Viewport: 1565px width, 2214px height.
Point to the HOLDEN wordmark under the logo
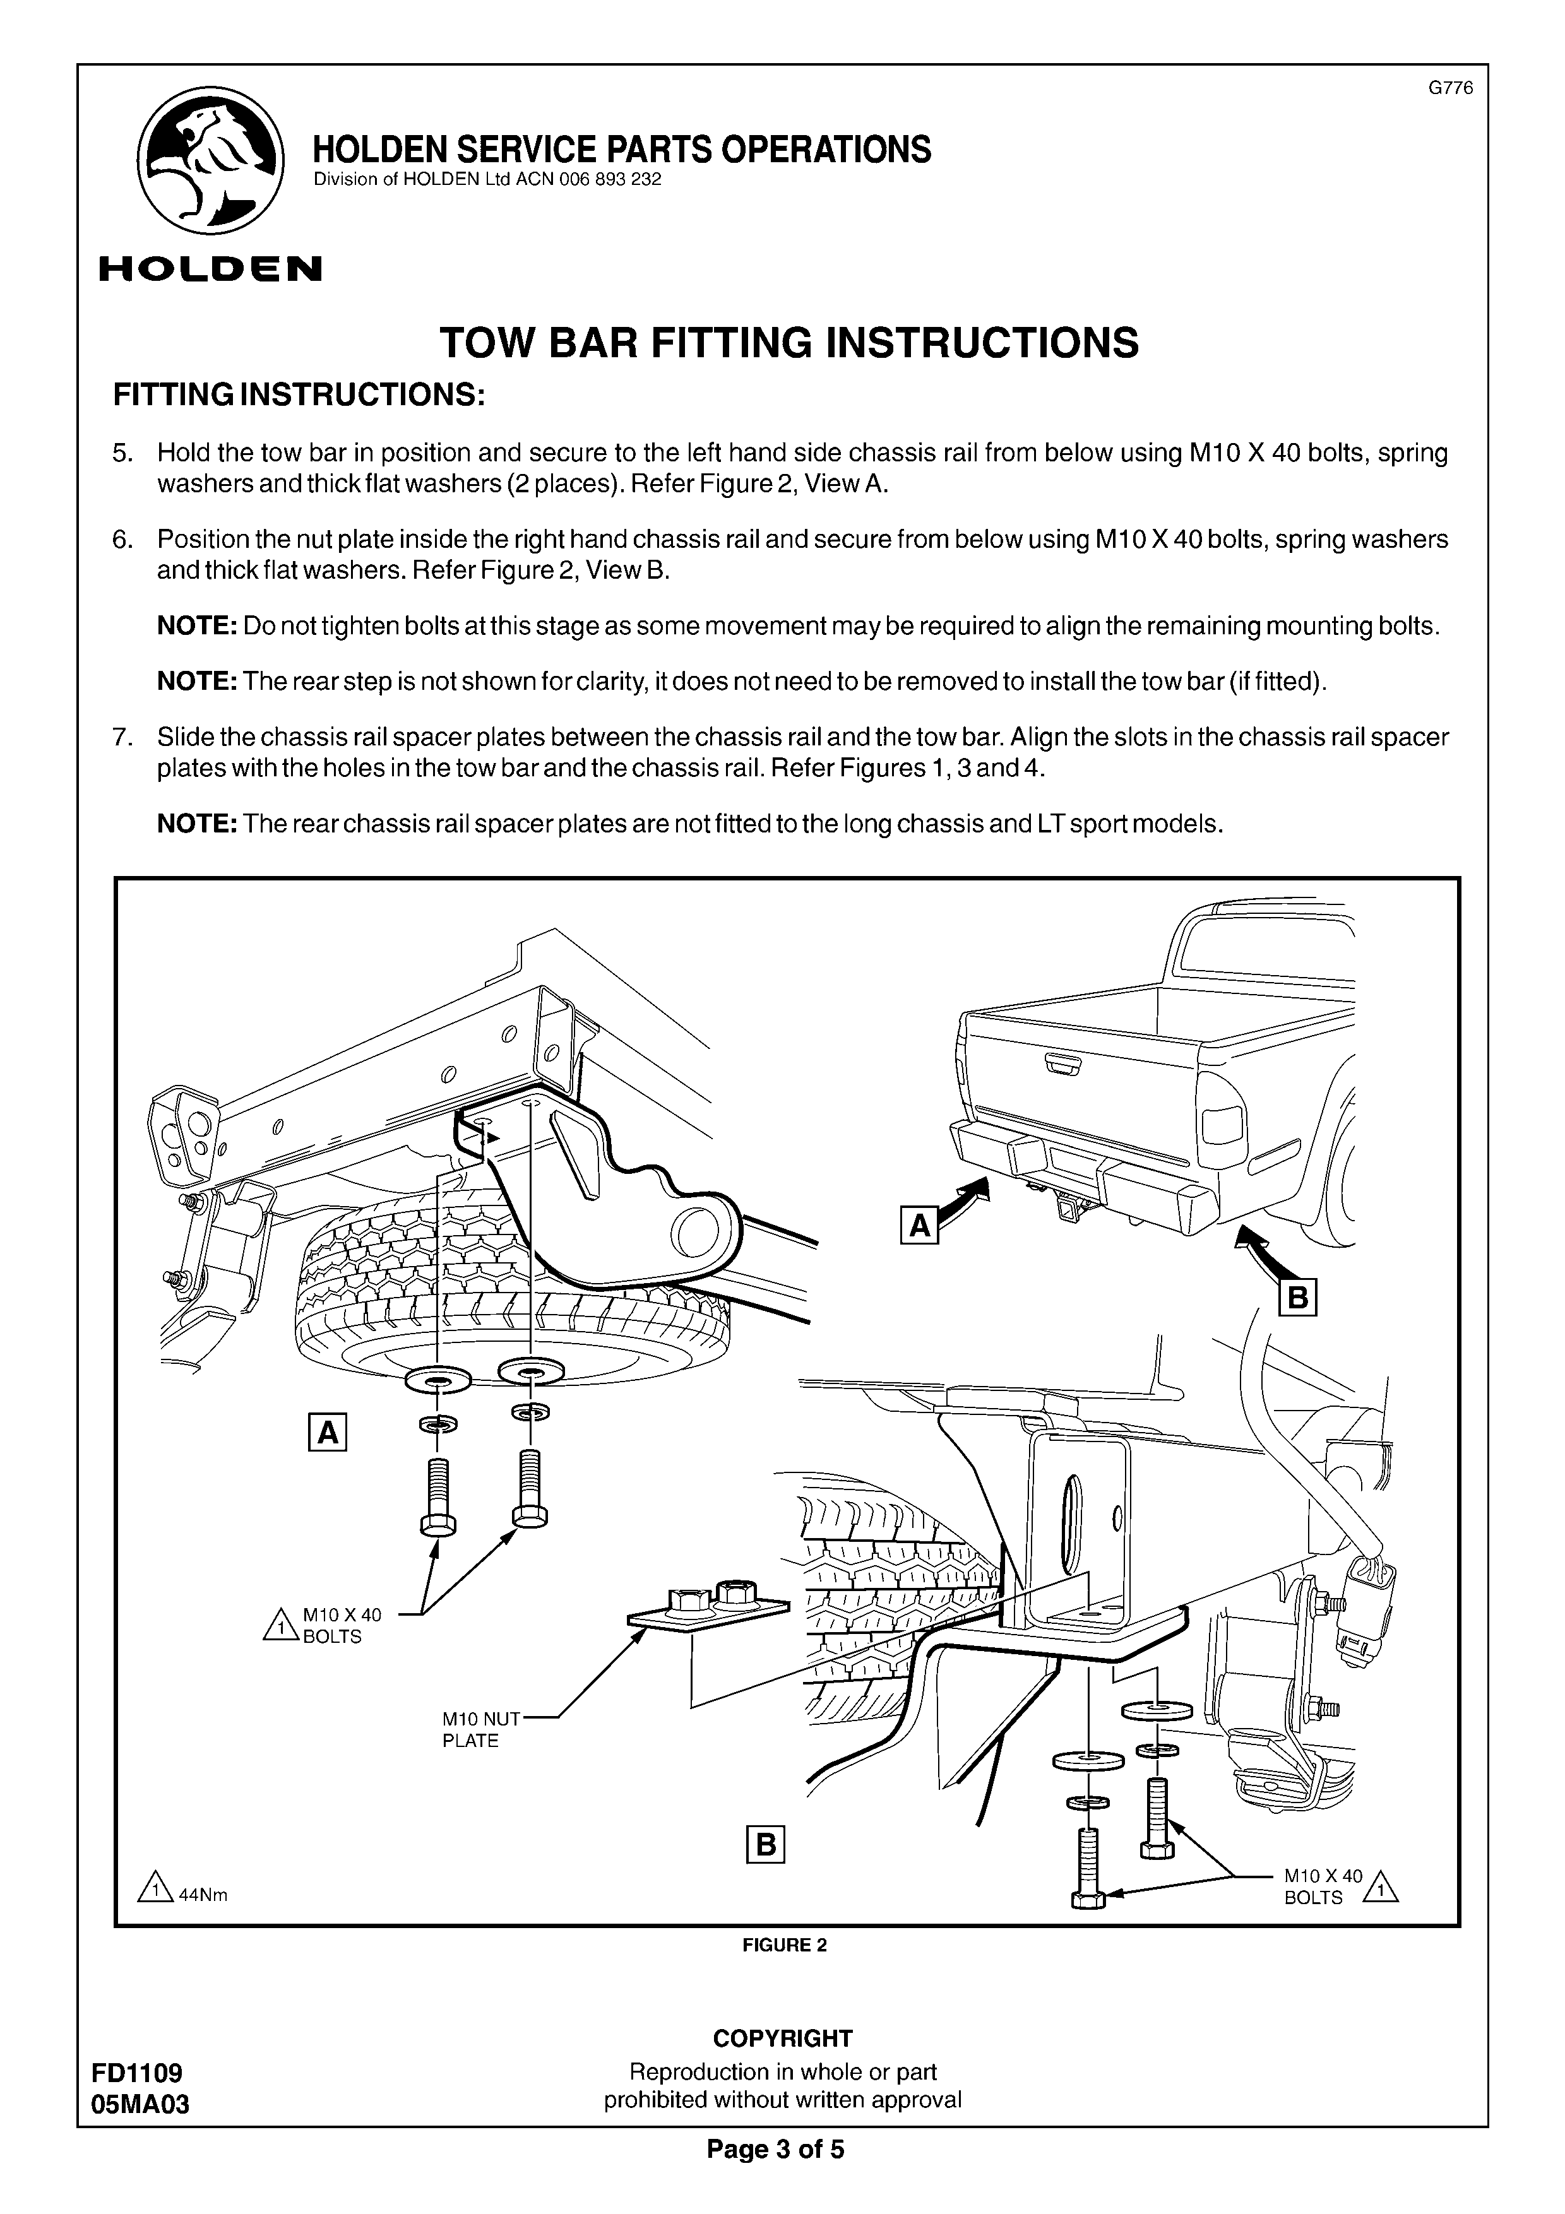[210, 268]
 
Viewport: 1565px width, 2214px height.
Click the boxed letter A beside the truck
[919, 1226]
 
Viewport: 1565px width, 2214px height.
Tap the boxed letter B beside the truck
[1297, 1299]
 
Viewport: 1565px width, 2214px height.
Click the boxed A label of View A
[327, 1433]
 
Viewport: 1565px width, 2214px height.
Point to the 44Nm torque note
[201, 1894]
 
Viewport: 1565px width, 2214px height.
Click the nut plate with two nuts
[709, 1606]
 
